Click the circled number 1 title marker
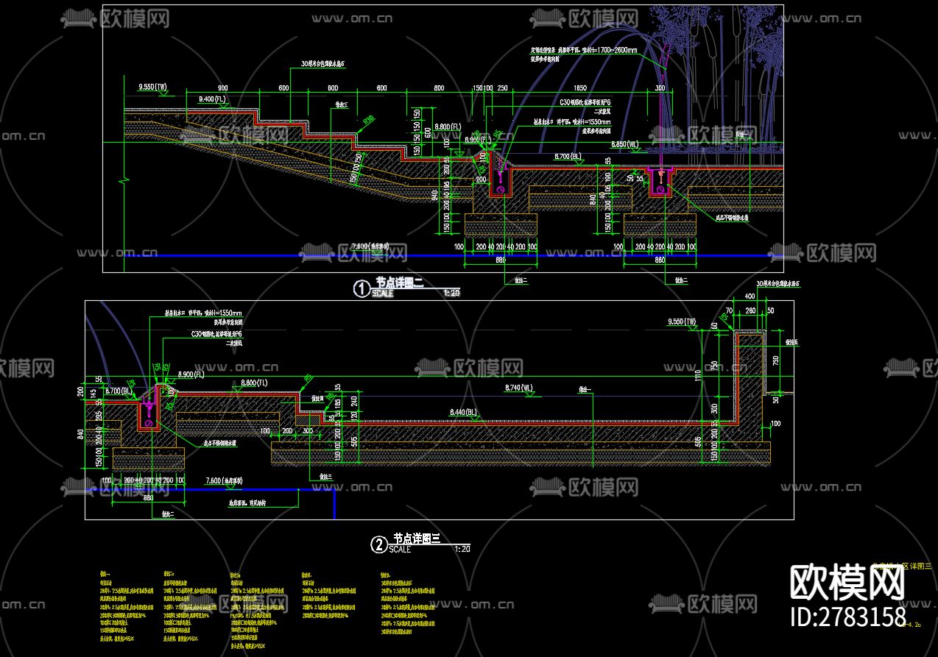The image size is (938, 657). click(x=362, y=289)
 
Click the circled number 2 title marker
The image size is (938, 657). click(x=378, y=544)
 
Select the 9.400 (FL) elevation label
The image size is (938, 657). click(x=212, y=98)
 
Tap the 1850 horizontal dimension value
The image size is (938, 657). click(x=579, y=88)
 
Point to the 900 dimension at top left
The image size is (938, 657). click(x=222, y=88)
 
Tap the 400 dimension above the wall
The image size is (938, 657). click(x=750, y=296)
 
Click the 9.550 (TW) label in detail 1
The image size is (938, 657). click(x=153, y=87)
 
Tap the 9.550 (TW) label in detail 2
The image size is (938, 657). click(x=682, y=322)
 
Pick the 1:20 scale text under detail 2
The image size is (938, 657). click(x=462, y=549)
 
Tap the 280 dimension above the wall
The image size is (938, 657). click(x=751, y=310)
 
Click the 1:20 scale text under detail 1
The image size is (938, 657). click(x=451, y=293)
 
